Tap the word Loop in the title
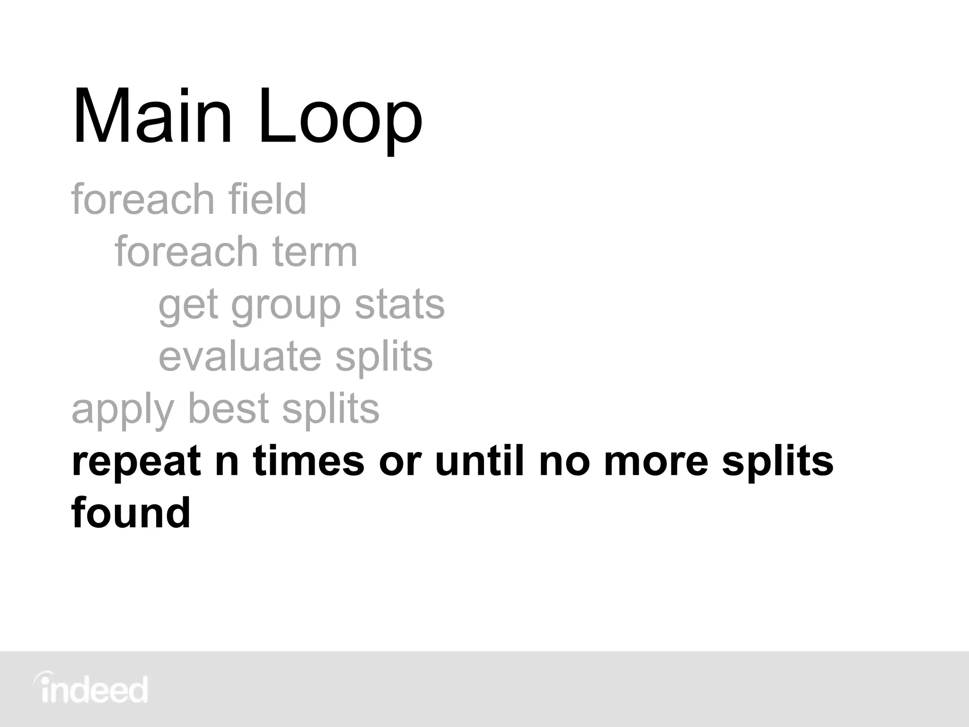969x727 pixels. click(x=340, y=117)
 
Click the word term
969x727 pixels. click(x=314, y=251)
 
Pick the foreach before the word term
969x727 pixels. click(x=186, y=251)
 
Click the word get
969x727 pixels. click(x=188, y=305)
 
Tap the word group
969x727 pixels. click(x=286, y=305)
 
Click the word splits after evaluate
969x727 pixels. click(x=384, y=357)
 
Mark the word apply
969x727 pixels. click(x=122, y=410)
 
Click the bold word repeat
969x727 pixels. click(x=136, y=462)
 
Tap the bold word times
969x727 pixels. click(x=308, y=461)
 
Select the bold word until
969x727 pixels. click(x=479, y=461)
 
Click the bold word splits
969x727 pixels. click(x=777, y=462)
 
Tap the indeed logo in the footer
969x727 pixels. click(x=91, y=690)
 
